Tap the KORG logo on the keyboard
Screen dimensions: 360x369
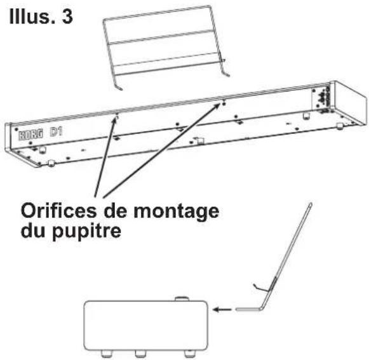pyautogui.click(x=26, y=134)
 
